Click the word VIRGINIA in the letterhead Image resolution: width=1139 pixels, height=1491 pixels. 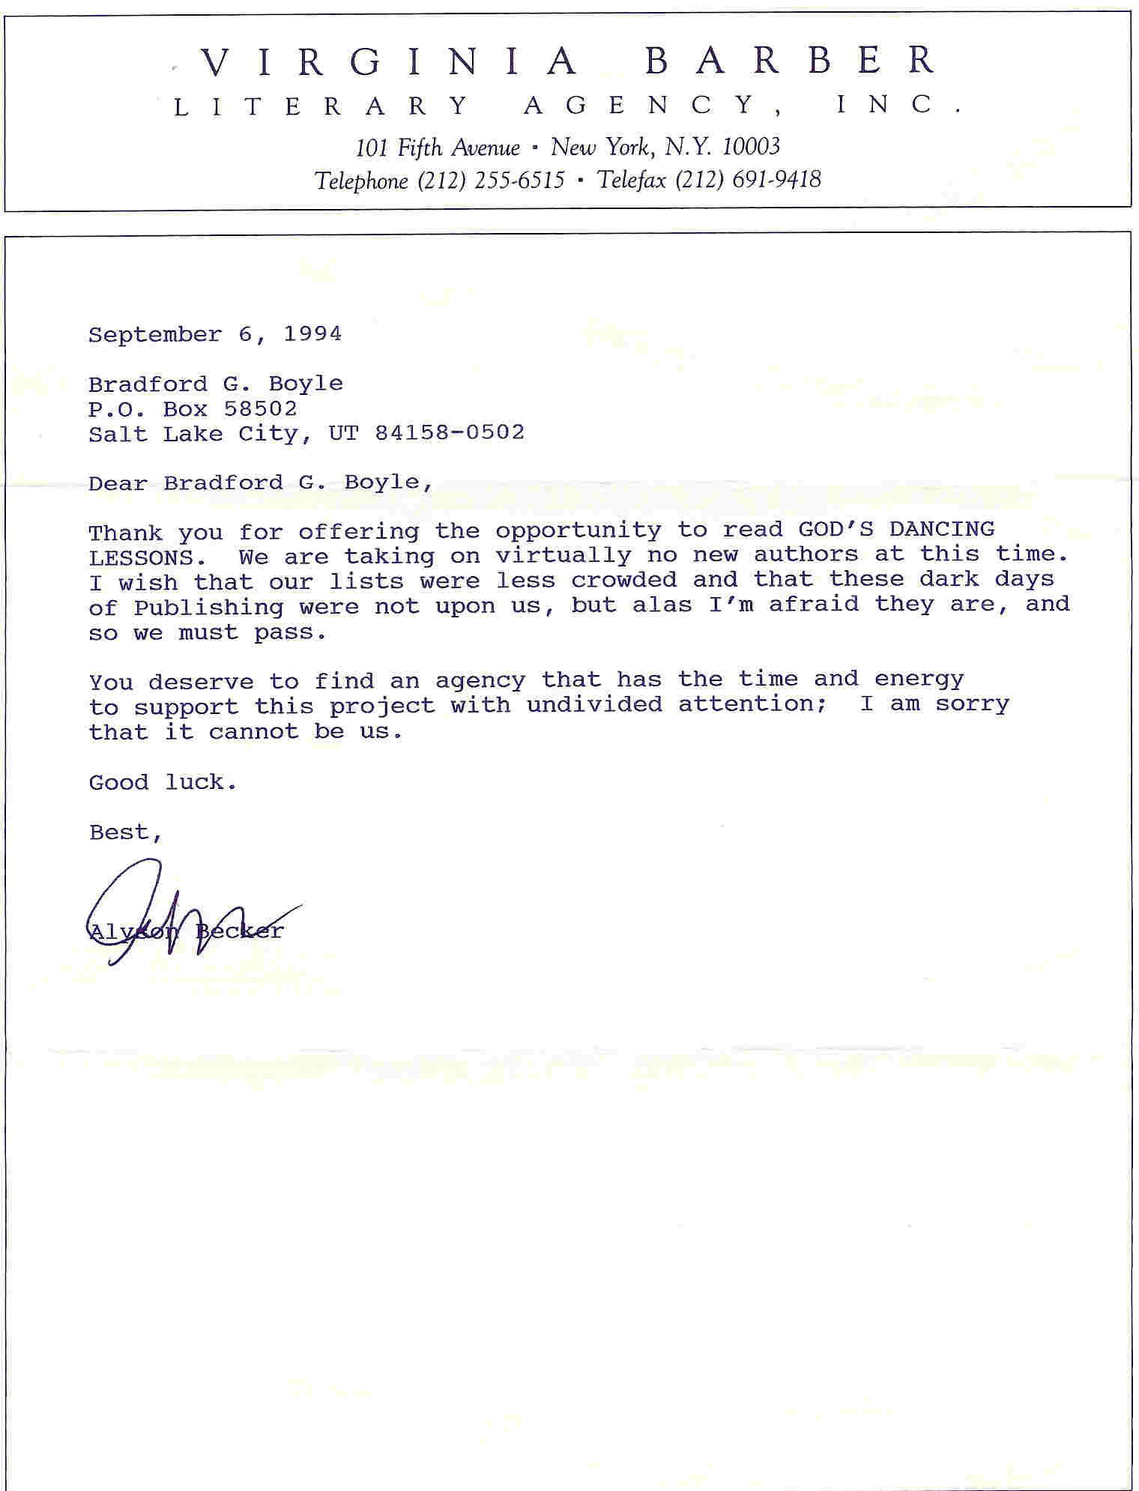pyautogui.click(x=390, y=61)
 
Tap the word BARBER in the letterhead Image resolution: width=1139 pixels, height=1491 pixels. pyautogui.click(x=791, y=61)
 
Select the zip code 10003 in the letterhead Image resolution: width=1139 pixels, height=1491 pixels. pyautogui.click(x=751, y=147)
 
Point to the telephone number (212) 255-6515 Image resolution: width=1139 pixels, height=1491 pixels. pyautogui.click(x=491, y=181)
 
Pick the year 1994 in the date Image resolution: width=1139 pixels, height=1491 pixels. pyautogui.click(x=312, y=333)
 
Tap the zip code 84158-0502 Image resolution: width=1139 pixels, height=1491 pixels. pyautogui.click(x=450, y=433)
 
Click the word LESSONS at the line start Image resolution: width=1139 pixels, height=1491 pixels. pyautogui.click(x=142, y=557)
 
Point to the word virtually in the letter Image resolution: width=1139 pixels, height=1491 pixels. pyautogui.click(x=564, y=555)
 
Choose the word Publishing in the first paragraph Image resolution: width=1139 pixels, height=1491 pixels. pyautogui.click(x=209, y=608)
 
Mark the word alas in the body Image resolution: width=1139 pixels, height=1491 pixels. pyautogui.click(x=662, y=605)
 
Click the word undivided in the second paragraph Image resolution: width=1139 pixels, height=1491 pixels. pyautogui.click(x=594, y=704)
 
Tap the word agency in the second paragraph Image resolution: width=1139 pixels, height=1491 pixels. pyautogui.click(x=480, y=681)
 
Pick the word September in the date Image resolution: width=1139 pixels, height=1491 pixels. pyautogui.click(x=155, y=334)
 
